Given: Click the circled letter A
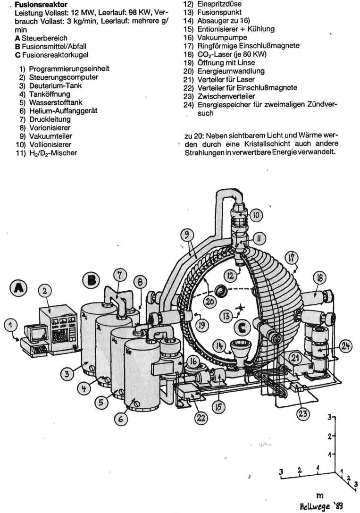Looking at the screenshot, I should coord(18,287).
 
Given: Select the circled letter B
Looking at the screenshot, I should coord(91,281).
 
